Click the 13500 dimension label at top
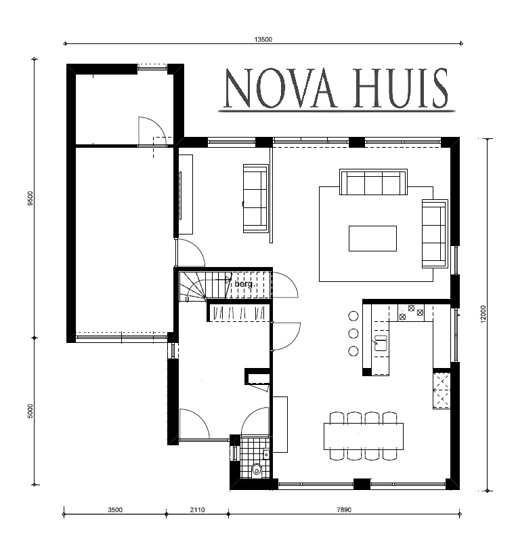263,39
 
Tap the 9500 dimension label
30,198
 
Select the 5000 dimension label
30,411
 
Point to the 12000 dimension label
483,314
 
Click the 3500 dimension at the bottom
115,510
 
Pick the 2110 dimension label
197,510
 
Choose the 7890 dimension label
344,510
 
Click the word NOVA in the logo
280,89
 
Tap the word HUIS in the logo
401,88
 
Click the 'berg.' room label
244,283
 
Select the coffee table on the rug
372,239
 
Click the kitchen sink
381,343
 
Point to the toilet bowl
257,470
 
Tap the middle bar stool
353,333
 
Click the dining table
364,436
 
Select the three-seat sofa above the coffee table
374,182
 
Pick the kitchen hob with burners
410,312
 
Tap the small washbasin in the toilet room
266,454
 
